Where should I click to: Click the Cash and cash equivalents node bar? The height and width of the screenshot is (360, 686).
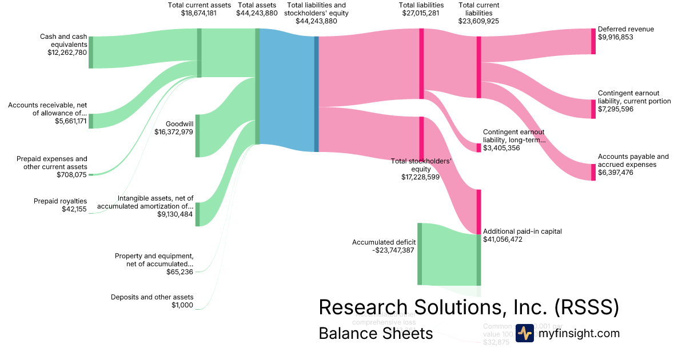click(90, 52)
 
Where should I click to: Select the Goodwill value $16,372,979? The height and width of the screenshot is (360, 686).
click(174, 132)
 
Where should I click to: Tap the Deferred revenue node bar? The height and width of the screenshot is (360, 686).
click(593, 41)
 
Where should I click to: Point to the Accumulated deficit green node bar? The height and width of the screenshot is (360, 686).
click(419, 254)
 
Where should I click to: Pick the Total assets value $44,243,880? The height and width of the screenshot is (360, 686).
click(257, 13)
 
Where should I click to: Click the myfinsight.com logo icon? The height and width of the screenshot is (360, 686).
click(524, 333)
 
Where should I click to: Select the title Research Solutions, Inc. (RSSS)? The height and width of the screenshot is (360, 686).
click(468, 307)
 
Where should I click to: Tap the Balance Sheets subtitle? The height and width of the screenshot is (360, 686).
click(376, 333)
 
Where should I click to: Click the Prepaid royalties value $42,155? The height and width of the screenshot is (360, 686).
click(74, 209)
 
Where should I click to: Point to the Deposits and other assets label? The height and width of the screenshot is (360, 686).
click(152, 297)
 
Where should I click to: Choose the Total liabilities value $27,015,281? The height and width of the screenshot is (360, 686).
click(421, 13)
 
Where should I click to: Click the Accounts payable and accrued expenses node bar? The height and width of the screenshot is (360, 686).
click(593, 172)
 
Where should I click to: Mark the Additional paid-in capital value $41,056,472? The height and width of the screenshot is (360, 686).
click(503, 239)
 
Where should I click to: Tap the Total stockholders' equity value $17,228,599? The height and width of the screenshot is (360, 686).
click(420, 178)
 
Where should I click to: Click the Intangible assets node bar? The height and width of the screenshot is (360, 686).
click(198, 214)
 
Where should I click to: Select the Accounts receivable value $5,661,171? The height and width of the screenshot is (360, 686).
click(71, 121)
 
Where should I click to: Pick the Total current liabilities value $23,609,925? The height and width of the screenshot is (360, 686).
click(478, 21)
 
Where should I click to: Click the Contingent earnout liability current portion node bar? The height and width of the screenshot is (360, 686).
click(593, 109)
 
